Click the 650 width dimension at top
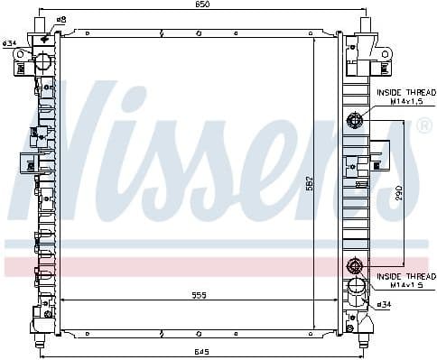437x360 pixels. coord(202,5)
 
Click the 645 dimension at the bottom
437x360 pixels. coord(202,352)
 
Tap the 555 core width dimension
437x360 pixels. coord(200,295)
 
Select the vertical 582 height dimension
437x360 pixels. coord(311,184)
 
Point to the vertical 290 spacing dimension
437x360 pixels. coord(399,193)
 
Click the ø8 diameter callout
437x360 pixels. coord(60,20)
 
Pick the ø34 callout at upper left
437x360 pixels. coord(9,43)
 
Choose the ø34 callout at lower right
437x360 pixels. coord(384,305)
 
